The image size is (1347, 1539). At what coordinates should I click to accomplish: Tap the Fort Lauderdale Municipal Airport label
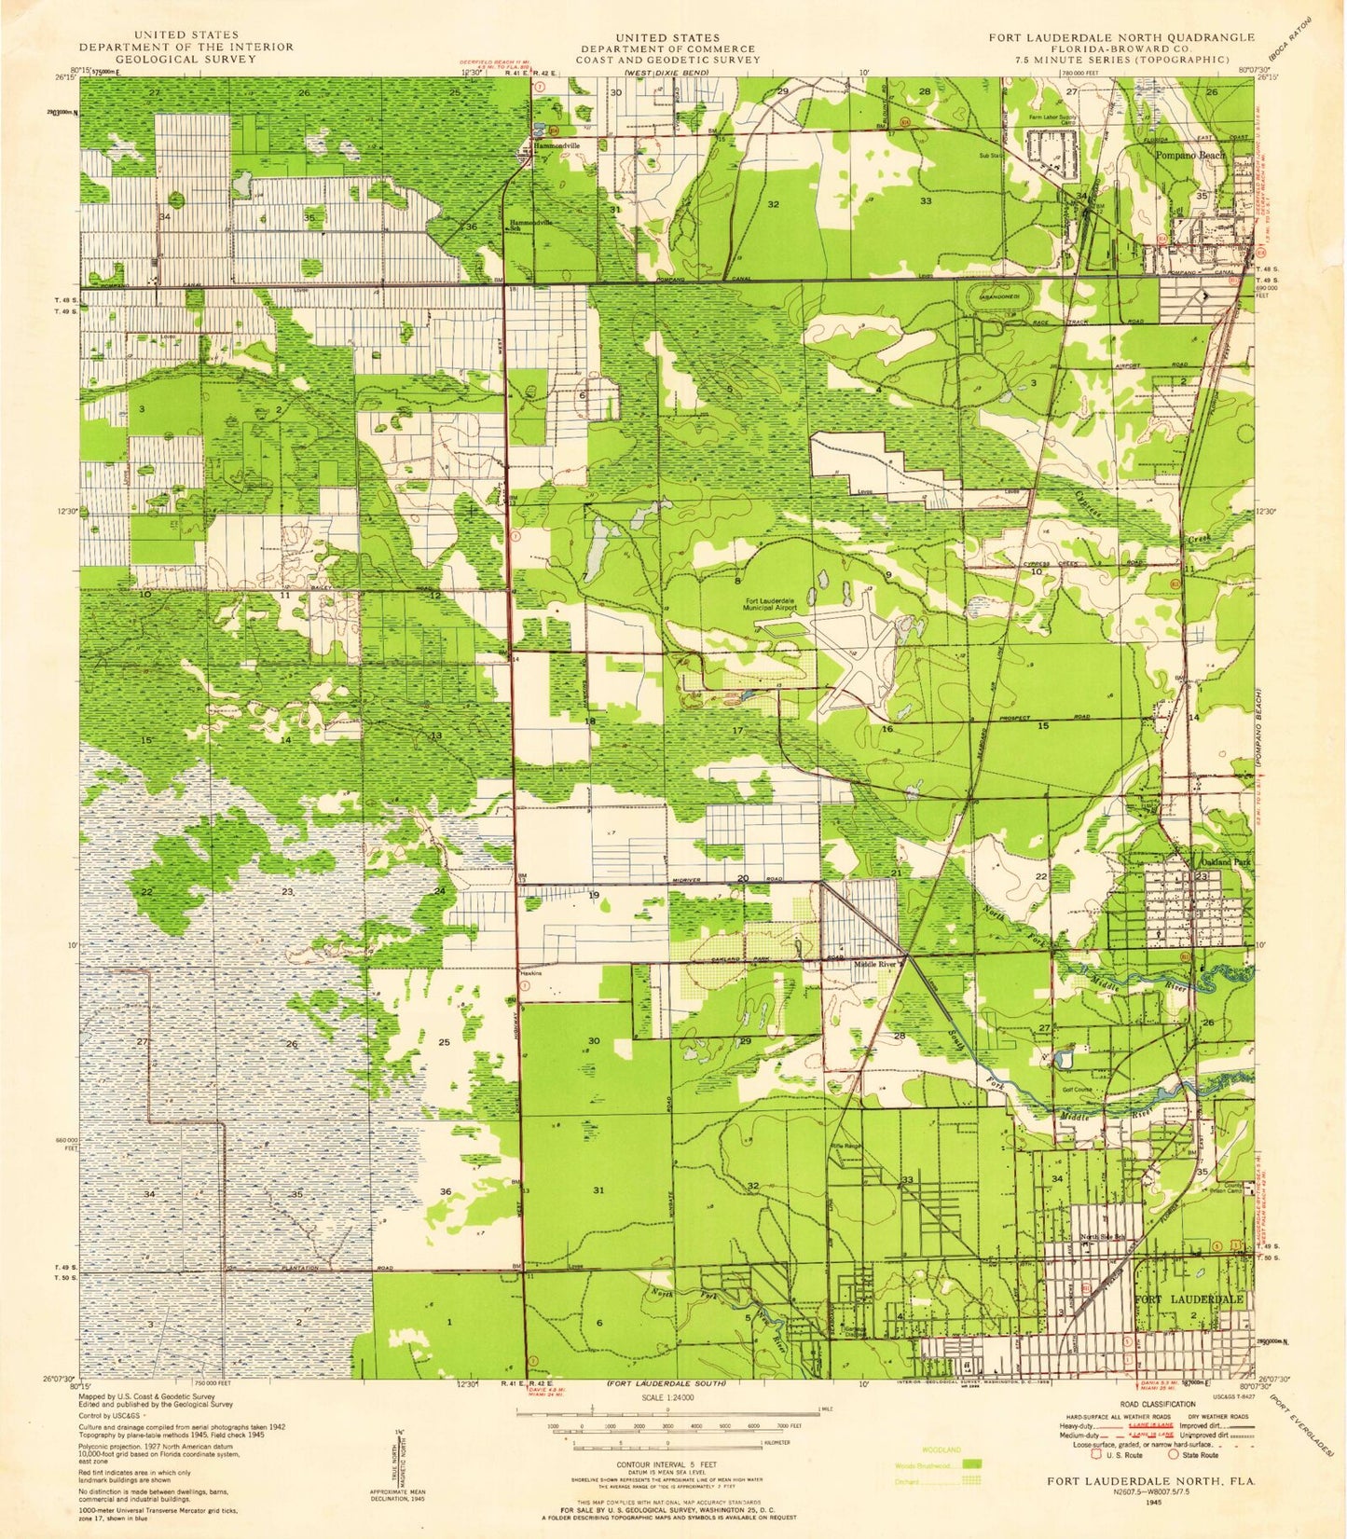[x=770, y=603]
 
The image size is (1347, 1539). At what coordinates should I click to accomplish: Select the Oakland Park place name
[x=1217, y=862]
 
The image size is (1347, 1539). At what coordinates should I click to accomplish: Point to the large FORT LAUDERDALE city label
[x=1189, y=1299]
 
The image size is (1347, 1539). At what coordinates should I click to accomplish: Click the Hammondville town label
[x=557, y=146]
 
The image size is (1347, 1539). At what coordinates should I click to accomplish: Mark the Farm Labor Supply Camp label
[x=1052, y=119]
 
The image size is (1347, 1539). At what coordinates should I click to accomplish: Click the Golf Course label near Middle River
[x=1077, y=1089]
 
